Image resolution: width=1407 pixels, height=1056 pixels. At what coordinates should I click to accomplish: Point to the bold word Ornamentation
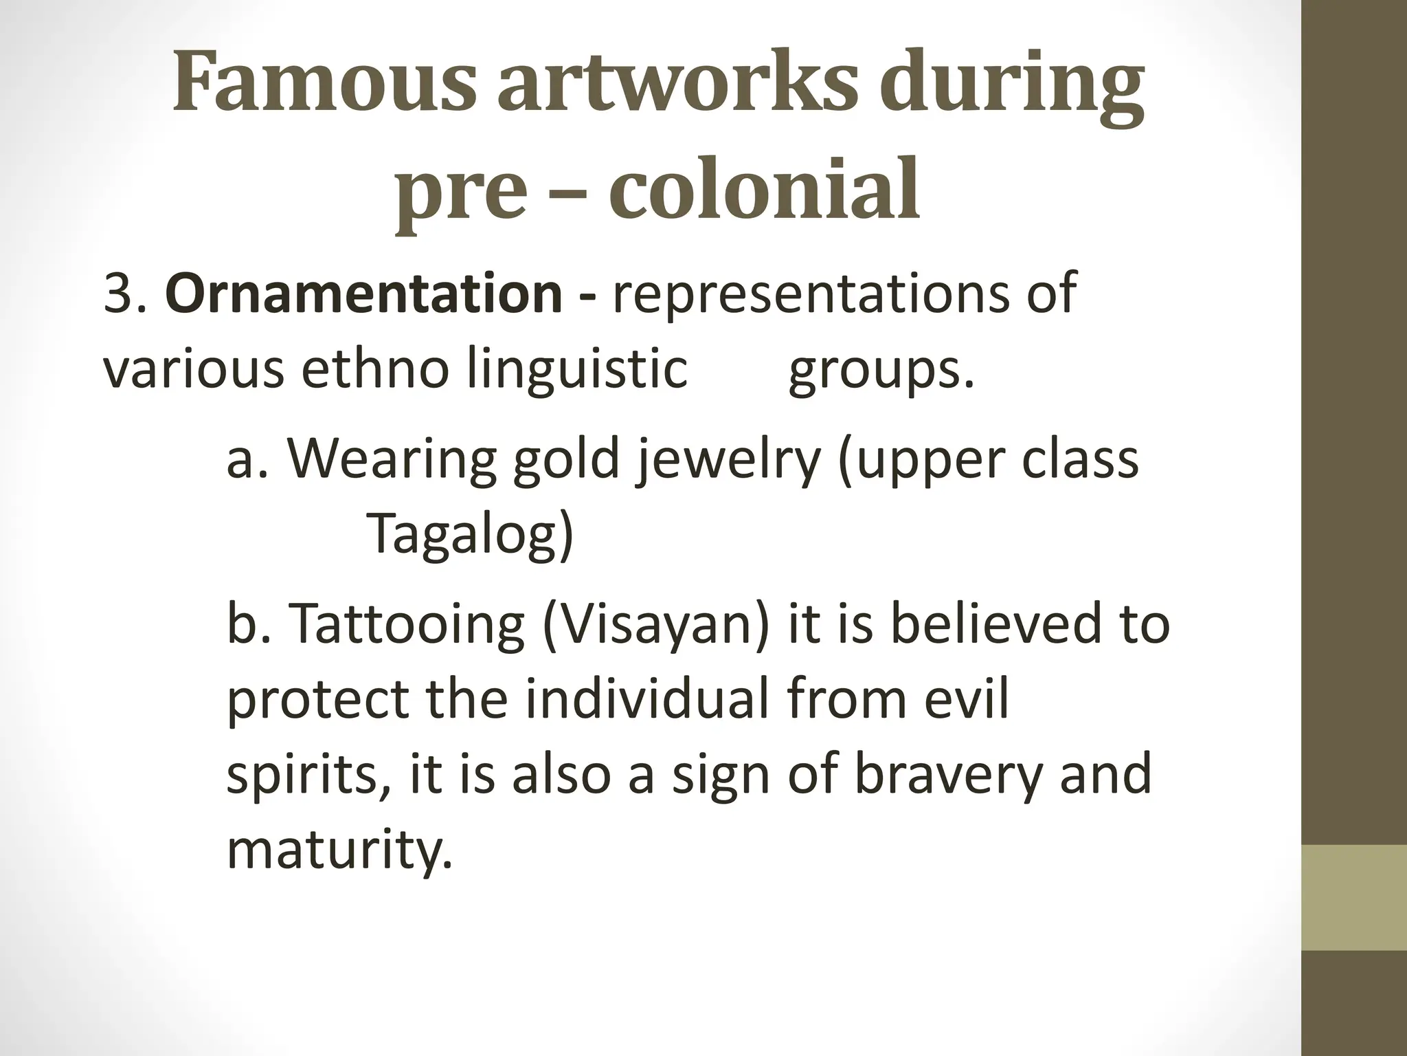[x=364, y=292]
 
